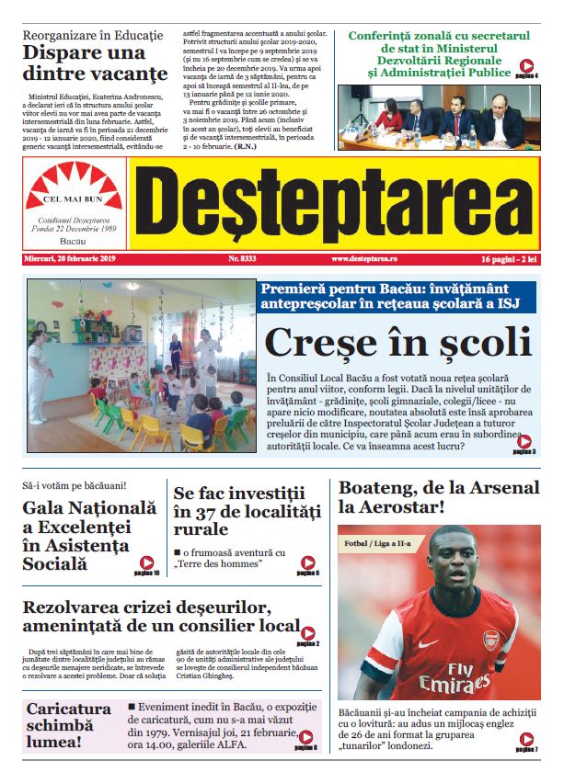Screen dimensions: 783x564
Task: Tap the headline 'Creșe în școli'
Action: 397,342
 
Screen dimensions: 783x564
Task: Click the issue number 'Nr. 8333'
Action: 242,260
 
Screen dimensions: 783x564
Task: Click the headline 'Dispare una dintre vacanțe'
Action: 95,61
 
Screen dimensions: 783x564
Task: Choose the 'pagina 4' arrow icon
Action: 527,66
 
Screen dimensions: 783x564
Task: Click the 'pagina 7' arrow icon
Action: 526,738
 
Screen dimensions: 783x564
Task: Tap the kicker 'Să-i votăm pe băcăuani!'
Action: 75,484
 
